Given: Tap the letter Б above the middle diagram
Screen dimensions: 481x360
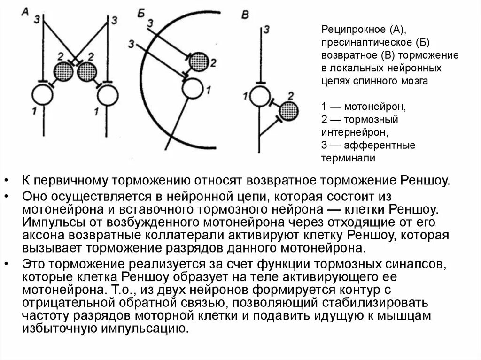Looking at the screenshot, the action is pyautogui.click(x=140, y=13).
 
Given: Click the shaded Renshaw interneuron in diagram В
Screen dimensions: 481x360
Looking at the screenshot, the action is pyautogui.click(x=288, y=111).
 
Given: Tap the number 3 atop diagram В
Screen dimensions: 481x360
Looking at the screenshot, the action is pyautogui.click(x=266, y=31).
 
